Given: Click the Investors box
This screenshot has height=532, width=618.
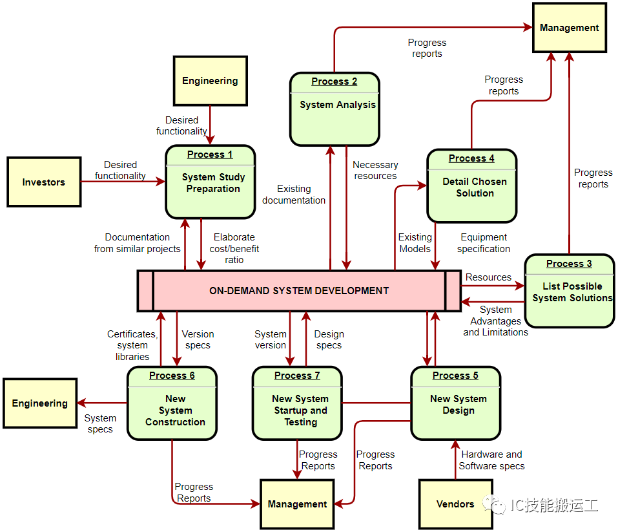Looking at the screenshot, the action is (x=44, y=182).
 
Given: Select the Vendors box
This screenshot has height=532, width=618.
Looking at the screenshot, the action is (x=456, y=504).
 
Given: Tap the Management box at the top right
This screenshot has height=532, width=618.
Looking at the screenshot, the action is (x=569, y=28).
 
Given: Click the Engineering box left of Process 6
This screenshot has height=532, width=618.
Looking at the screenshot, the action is (x=40, y=403).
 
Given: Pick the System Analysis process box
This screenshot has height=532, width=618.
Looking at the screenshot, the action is (x=335, y=109).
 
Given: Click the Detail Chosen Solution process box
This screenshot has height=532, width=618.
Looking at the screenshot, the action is (x=472, y=186).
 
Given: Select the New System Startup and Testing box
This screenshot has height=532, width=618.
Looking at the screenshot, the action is (x=297, y=403).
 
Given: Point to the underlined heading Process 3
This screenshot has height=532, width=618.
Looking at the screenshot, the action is (x=569, y=264).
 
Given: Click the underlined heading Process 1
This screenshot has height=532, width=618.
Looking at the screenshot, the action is (x=210, y=154).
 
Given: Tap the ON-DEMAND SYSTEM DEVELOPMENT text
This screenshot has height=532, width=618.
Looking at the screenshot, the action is (x=299, y=291).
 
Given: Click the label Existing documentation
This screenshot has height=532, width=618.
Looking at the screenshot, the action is (x=294, y=195).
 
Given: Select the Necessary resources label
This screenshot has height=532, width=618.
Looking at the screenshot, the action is (x=375, y=170).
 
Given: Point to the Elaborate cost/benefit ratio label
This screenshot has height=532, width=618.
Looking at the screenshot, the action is (x=234, y=248).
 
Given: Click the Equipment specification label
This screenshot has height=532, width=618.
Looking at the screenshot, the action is (x=484, y=242).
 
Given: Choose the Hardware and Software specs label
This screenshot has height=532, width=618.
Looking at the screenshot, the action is (x=491, y=460).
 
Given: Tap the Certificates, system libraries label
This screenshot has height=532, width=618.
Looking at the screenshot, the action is (x=132, y=345).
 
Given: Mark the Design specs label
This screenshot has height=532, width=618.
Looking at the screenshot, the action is (x=329, y=339).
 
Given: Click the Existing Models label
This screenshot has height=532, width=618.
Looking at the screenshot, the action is (x=415, y=242).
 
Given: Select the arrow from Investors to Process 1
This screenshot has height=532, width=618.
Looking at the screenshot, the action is (x=123, y=182).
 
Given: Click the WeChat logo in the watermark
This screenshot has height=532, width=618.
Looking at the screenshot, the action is (x=494, y=505).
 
